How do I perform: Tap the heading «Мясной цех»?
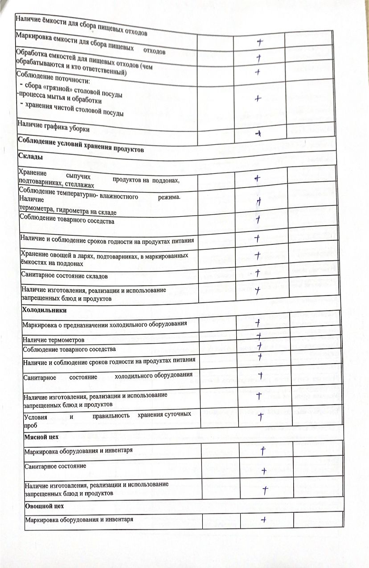[x=42, y=437]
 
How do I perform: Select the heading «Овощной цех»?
[x=45, y=506]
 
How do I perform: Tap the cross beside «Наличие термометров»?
[x=258, y=336]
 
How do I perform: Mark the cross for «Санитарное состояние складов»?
[x=257, y=272]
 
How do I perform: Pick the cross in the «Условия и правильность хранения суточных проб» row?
[x=261, y=415]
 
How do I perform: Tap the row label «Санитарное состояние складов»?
[x=65, y=276]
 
